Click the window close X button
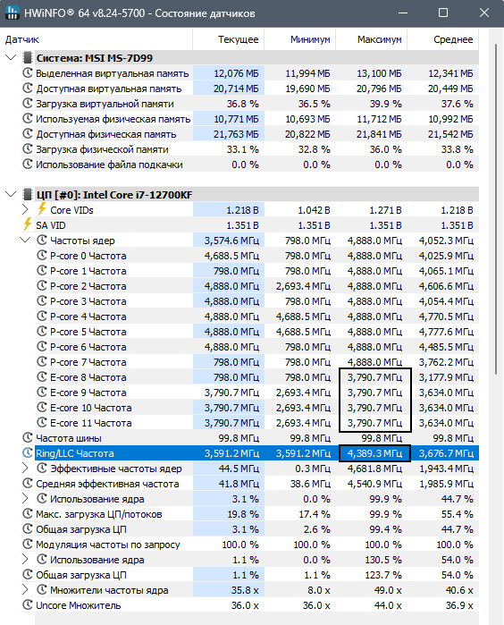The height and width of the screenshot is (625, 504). coord(484,13)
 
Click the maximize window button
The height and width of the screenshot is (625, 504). coord(443,13)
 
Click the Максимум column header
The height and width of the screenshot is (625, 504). coord(379,39)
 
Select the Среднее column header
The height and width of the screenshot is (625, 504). coord(453,39)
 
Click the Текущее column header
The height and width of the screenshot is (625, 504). coord(238,39)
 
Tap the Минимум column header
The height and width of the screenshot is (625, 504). coord(310,39)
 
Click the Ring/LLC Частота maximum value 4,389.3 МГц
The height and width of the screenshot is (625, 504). coord(375,453)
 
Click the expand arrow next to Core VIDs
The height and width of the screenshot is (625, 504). coord(25,209)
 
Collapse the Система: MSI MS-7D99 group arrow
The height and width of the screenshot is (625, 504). coord(11,58)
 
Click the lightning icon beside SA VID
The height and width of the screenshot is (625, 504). coord(27,224)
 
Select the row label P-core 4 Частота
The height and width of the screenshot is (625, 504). coord(88,317)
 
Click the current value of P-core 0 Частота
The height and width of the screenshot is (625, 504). coord(231,256)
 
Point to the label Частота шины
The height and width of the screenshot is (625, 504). coord(69,438)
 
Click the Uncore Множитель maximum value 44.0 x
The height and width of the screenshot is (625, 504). coord(388,605)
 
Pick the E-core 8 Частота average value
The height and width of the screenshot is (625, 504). coord(446,377)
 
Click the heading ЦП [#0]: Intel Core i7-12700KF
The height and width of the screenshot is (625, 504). coord(114,195)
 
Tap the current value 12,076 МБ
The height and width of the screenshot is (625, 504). coord(236,73)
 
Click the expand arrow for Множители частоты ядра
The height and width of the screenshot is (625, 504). coord(25,590)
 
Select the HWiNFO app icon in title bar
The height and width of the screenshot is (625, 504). coord(12,13)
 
